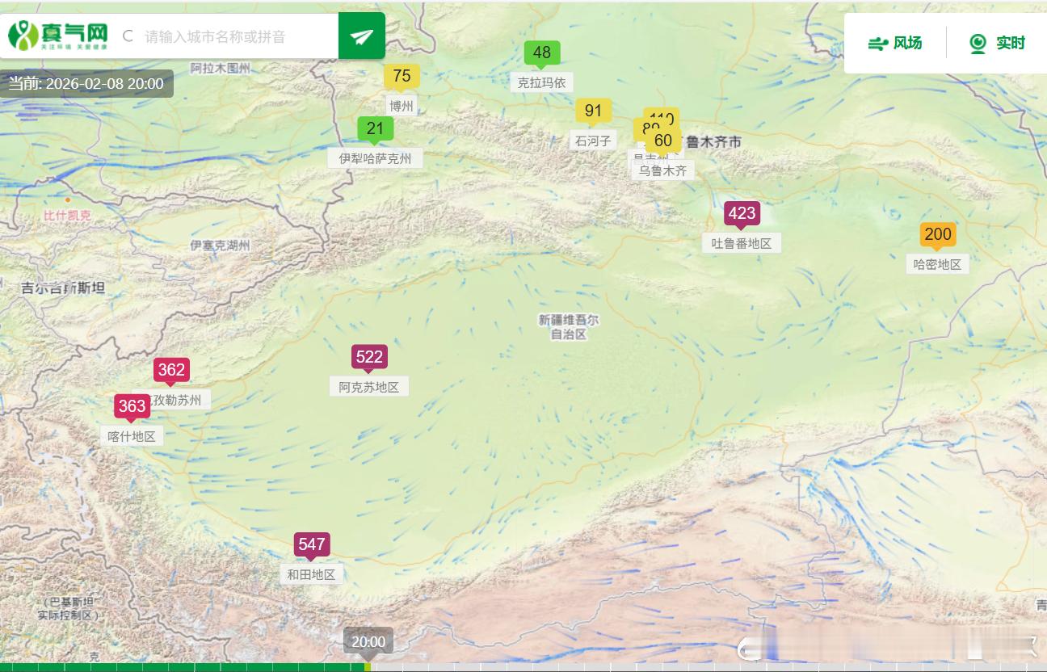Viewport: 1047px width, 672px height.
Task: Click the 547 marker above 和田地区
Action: coord(312,544)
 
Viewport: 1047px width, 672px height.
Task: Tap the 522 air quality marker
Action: coord(369,357)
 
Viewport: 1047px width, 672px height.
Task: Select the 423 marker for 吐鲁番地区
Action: coord(742,213)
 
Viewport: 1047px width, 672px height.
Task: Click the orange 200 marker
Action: coord(937,234)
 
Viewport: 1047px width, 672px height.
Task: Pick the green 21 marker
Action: coord(375,128)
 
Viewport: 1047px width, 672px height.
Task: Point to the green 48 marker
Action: coord(542,52)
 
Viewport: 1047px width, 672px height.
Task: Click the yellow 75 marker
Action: coord(402,76)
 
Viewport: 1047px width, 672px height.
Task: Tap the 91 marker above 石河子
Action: coord(593,111)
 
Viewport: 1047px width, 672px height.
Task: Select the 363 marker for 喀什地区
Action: coord(132,406)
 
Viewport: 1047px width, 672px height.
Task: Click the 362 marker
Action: coord(171,370)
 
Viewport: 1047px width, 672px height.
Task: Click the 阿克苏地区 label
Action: coord(369,387)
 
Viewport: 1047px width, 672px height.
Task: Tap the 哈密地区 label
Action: coord(937,264)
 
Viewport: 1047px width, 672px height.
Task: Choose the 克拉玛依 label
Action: coord(542,82)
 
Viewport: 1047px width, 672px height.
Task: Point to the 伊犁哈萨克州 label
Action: coord(375,158)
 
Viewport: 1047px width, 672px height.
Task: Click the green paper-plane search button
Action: coord(362,36)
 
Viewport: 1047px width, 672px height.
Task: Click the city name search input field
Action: coord(234,36)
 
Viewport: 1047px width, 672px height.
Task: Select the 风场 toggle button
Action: coord(895,44)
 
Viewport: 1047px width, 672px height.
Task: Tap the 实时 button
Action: coord(997,44)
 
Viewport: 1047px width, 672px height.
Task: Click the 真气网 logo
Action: coord(58,36)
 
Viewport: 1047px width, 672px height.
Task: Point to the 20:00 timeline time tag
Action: coord(368,642)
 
